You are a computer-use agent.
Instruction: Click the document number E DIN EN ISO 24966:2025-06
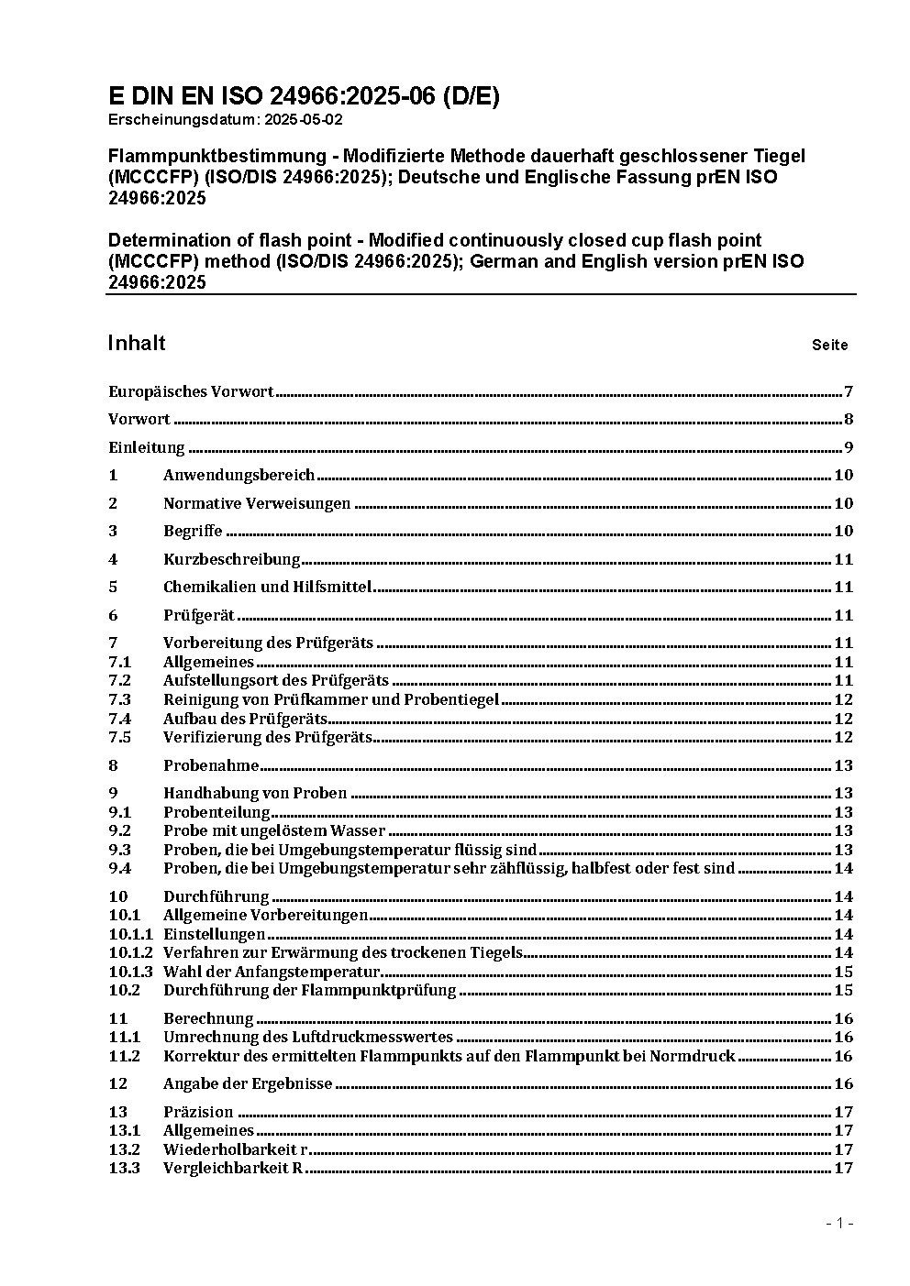tap(304, 96)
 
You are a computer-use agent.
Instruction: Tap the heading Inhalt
tap(137, 343)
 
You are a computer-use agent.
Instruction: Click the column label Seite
tap(829, 346)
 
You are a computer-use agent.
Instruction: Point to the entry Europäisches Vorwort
tap(191, 392)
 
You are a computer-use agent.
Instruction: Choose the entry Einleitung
tap(147, 448)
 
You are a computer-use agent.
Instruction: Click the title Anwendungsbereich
tap(239, 475)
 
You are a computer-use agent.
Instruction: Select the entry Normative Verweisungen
tap(257, 503)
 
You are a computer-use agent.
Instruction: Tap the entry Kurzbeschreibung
tap(231, 559)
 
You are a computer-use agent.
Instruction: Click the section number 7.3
tap(120, 699)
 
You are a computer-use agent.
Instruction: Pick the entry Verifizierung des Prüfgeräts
tap(267, 737)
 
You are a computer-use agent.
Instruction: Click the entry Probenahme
tap(211, 765)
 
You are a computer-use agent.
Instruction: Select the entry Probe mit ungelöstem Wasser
tap(274, 830)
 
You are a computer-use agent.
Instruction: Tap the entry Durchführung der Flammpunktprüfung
tap(309, 990)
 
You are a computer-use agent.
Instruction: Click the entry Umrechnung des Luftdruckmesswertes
tap(308, 1037)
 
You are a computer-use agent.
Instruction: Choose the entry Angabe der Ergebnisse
tap(248, 1083)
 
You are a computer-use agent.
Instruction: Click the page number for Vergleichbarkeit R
tap(843, 1168)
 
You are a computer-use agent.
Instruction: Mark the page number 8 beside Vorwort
tap(849, 420)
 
